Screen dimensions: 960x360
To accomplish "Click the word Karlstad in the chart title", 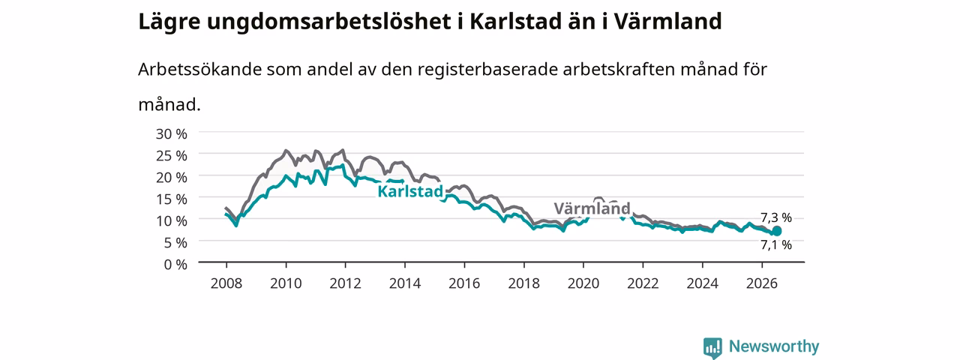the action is (515, 22).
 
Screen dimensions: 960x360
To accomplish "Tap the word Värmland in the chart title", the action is (667, 22).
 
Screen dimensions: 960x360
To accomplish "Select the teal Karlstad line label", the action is (410, 191).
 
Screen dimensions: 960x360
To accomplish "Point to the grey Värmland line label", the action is (592, 208).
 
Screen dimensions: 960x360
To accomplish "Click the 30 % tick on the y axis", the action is (172, 134).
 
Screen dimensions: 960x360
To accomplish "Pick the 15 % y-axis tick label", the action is (172, 199).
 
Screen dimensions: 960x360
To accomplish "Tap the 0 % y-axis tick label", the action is (175, 265).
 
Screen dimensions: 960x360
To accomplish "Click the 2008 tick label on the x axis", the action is (226, 283).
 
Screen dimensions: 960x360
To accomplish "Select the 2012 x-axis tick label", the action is (346, 283).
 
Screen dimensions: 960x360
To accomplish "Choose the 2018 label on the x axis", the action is (523, 283).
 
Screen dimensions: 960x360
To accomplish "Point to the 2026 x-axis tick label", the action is (762, 283).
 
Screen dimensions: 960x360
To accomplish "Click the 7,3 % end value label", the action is (776, 218).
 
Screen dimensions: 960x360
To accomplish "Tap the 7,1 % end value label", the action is (776, 245).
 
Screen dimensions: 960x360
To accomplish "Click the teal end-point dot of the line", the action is (776, 232).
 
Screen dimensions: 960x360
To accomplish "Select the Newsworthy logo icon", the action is (712, 348).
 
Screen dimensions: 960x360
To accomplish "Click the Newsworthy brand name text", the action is (774, 346).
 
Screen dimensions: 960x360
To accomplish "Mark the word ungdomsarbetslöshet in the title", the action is (329, 22).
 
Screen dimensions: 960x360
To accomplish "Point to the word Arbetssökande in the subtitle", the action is (199, 70).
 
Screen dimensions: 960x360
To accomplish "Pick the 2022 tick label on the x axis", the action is (643, 283).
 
